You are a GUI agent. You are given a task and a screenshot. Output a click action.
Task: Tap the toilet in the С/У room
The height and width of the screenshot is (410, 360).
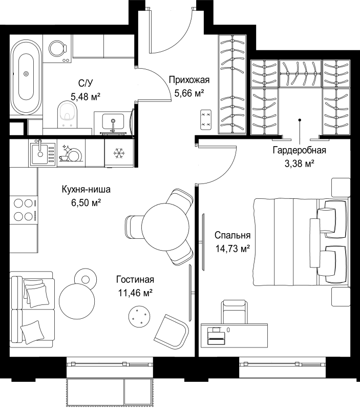[68, 114]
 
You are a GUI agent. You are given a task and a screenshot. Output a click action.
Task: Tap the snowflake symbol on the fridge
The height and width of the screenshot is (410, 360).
[119, 153]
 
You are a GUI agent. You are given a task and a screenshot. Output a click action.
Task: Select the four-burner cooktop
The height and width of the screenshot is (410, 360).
[24, 210]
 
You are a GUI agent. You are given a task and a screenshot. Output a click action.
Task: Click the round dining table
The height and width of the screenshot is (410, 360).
[165, 227]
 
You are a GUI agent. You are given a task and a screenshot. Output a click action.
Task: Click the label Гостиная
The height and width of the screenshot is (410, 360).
[135, 279]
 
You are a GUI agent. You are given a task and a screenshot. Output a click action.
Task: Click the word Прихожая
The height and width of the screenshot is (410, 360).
[189, 79]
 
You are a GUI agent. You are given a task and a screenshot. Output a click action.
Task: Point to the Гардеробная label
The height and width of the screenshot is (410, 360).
[300, 150]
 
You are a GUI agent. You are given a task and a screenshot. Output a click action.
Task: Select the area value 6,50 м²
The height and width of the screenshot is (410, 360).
[86, 202]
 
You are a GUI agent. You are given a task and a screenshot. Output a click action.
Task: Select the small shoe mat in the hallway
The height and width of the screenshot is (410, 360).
[206, 120]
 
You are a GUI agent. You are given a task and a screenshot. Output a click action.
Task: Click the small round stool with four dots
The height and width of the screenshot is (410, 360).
[139, 316]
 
